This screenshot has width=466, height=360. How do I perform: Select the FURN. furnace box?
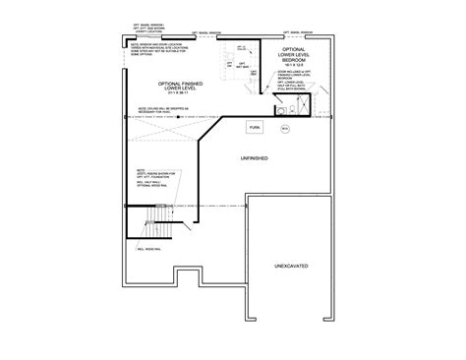click(x=255, y=127)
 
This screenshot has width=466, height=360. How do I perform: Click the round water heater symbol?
click(x=285, y=127)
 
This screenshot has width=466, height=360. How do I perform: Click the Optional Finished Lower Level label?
click(x=166, y=90)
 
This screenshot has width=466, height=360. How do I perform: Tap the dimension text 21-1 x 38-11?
click(x=166, y=100)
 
